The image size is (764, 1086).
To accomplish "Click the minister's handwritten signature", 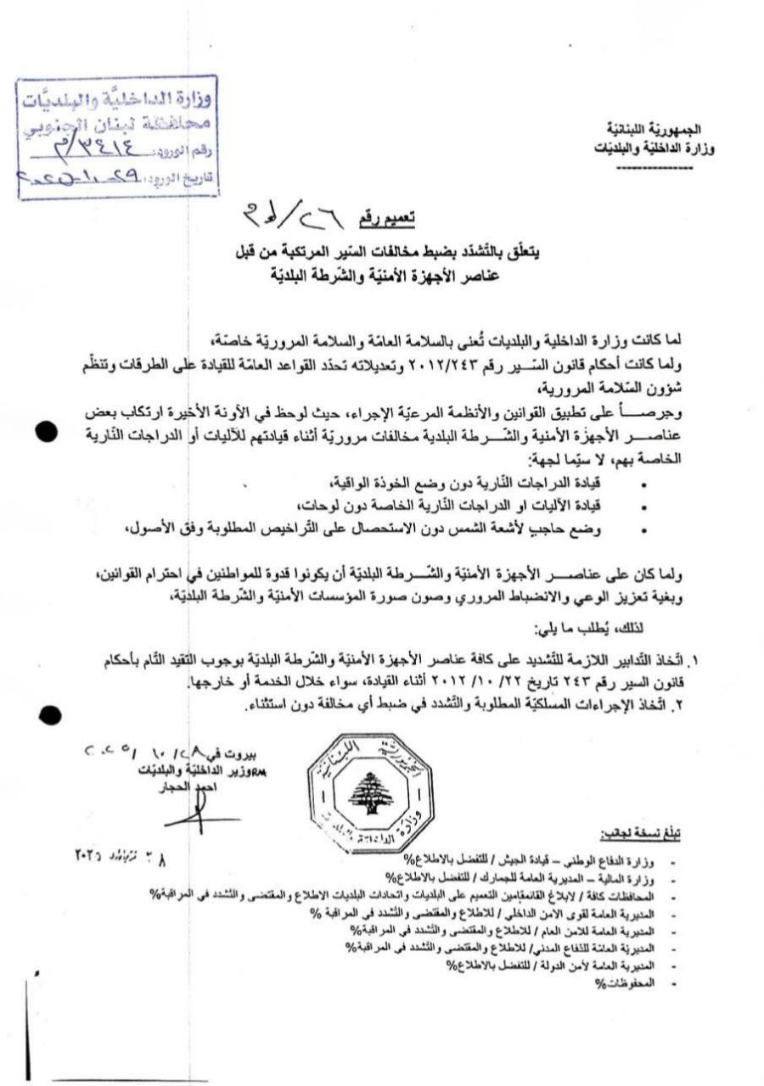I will pos(198,814).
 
